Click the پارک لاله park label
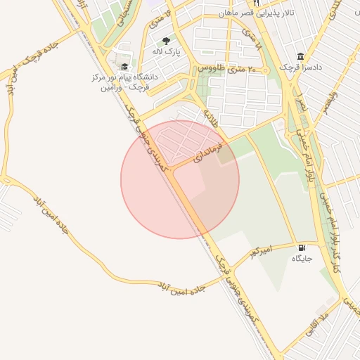tap(168, 52)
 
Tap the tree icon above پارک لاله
tap(166, 41)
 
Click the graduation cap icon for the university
tap(124, 67)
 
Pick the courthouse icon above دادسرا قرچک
tap(301, 56)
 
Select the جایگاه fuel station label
tap(302, 259)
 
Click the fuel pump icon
tap(302, 247)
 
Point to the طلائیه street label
tap(211, 115)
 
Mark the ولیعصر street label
tap(330, 98)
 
